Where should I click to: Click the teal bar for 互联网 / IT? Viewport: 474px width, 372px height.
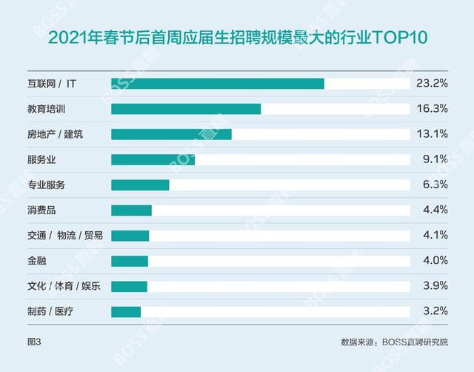click(217, 84)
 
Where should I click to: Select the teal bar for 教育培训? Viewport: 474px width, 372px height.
click(186, 109)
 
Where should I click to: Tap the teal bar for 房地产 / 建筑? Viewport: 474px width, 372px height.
click(171, 134)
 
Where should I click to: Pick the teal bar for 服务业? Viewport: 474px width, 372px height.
click(153, 159)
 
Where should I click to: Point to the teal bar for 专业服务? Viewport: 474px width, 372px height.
click(140, 185)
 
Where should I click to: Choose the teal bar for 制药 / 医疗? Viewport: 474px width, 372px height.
click(126, 311)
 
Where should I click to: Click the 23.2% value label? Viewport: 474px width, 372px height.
click(432, 84)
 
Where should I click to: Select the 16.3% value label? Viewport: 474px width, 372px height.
click(432, 109)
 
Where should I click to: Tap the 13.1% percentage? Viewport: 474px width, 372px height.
click(432, 134)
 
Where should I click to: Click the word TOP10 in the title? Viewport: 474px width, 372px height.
click(400, 37)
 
